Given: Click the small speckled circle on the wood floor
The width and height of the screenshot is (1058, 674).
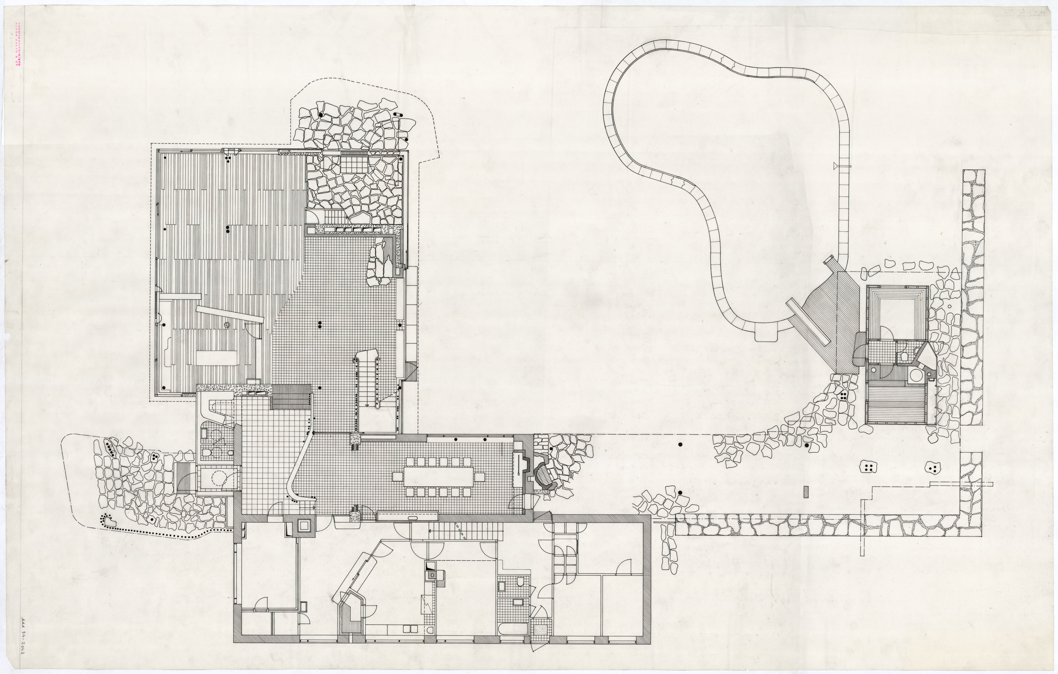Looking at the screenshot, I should click(x=227, y=325).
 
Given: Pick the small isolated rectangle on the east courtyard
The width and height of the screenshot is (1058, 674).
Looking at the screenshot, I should click(x=806, y=492).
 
